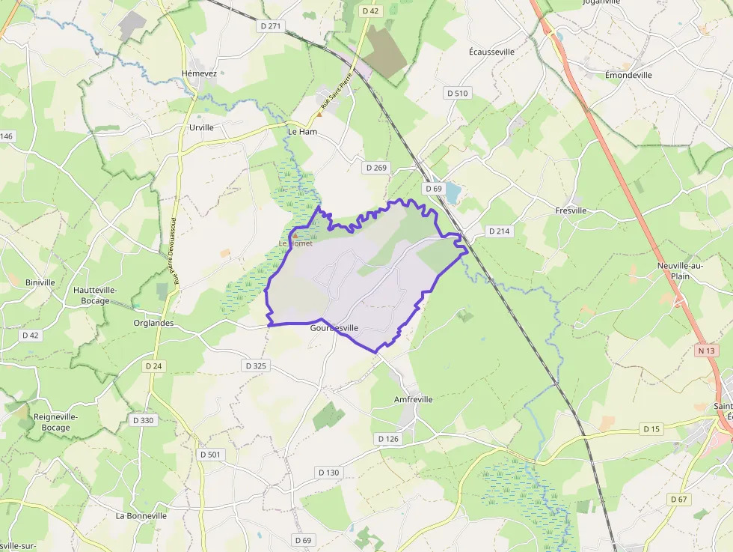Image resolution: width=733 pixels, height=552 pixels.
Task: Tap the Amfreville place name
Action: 413,400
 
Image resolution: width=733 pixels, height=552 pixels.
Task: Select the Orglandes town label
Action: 153,324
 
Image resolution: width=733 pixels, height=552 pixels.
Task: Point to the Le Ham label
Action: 303,131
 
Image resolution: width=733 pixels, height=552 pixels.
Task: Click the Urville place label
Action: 201,127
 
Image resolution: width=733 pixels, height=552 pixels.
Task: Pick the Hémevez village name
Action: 199,73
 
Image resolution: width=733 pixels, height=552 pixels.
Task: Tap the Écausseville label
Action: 491,52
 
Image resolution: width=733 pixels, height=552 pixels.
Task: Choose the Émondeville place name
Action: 628,75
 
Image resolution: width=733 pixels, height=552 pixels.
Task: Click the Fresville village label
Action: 571,211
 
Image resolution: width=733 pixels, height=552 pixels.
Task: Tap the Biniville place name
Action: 40,282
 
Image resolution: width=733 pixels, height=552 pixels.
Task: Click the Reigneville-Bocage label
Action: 55,422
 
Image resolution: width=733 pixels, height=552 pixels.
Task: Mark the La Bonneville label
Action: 141,516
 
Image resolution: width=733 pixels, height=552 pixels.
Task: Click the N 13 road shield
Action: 705,351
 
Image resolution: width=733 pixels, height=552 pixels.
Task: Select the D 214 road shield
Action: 499,231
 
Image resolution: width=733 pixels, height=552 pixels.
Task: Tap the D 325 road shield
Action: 255,366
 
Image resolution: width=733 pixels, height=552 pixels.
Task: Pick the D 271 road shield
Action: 273,26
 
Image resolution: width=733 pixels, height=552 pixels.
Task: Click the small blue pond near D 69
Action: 453,193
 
